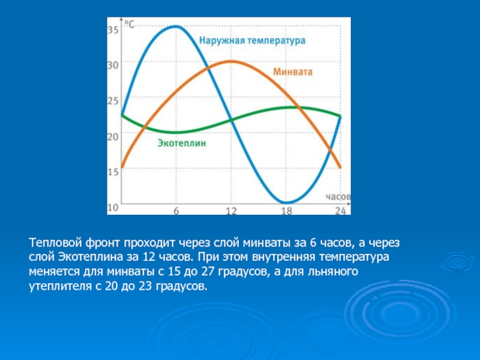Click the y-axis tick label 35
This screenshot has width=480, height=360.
[x=113, y=30]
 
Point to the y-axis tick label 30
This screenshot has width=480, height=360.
[x=113, y=65]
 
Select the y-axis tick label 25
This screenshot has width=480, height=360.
[x=113, y=101]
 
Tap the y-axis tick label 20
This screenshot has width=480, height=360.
[x=113, y=137]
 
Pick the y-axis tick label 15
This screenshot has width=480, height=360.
[x=113, y=172]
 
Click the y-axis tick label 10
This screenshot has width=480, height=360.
[x=113, y=208]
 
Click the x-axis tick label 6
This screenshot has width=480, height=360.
[x=176, y=211]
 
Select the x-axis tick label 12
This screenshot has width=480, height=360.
[x=232, y=211]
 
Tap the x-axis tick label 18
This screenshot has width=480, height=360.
[x=287, y=211]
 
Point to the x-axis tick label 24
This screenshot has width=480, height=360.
[x=340, y=211]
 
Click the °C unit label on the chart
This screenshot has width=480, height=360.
[x=129, y=24]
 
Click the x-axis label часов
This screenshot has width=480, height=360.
[x=338, y=197]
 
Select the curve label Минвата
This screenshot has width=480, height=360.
[x=293, y=72]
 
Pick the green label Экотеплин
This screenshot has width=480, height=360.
[x=182, y=143]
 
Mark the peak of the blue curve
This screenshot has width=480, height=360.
[x=176, y=26]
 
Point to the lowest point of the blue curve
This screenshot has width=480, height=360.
[x=287, y=202]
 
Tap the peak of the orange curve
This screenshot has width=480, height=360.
[x=232, y=62]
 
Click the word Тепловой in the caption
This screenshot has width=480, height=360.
[x=56, y=243]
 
